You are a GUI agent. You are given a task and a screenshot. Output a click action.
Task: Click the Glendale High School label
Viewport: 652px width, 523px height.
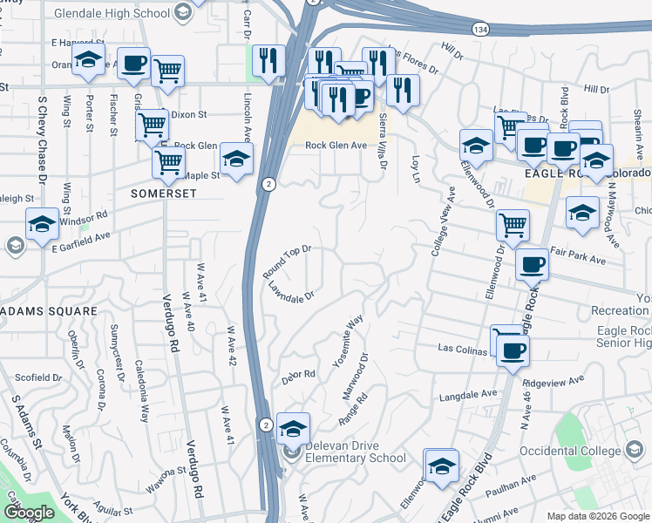click(x=112, y=13)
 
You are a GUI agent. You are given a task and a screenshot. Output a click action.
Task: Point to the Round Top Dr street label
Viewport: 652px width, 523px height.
click(x=288, y=262)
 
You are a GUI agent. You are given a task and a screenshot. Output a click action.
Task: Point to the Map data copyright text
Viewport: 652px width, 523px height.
click(x=597, y=516)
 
